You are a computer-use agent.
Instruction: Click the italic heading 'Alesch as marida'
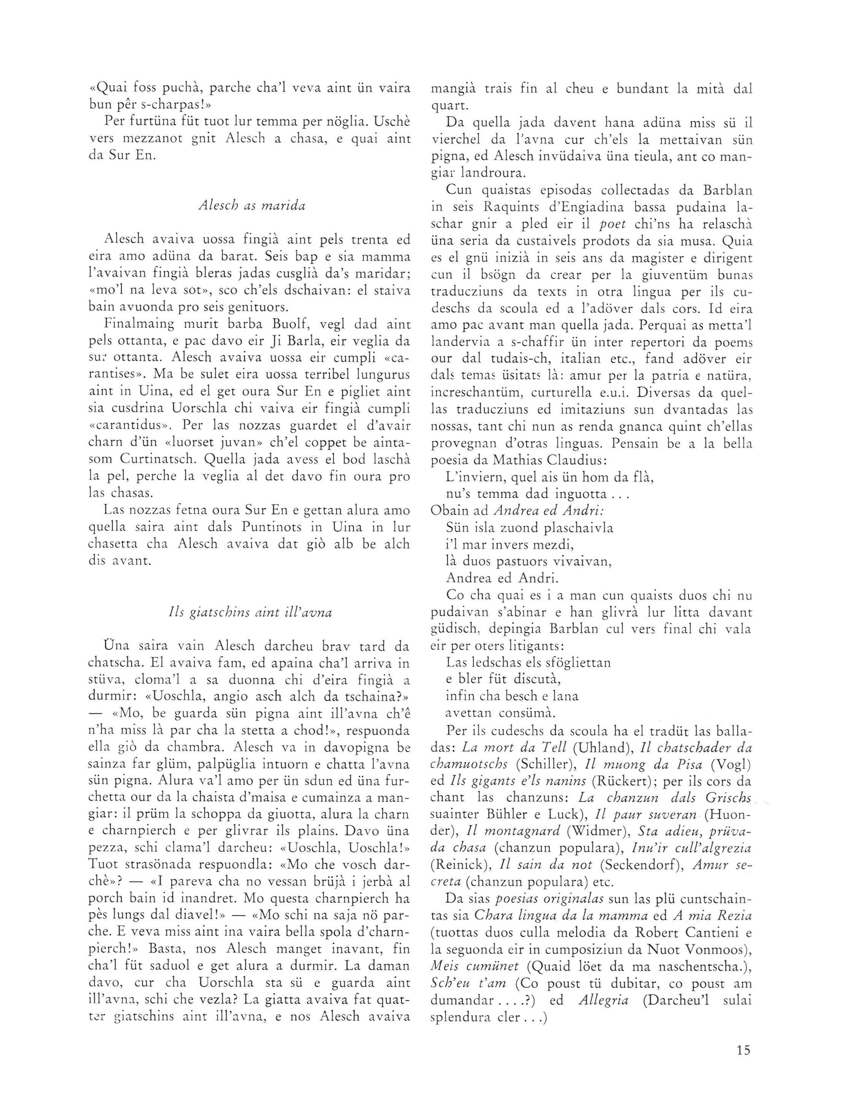(x=252, y=206)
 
